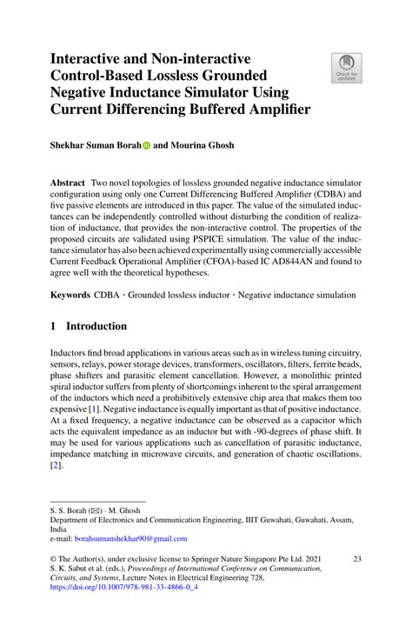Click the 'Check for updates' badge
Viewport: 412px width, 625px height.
point(346,67)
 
